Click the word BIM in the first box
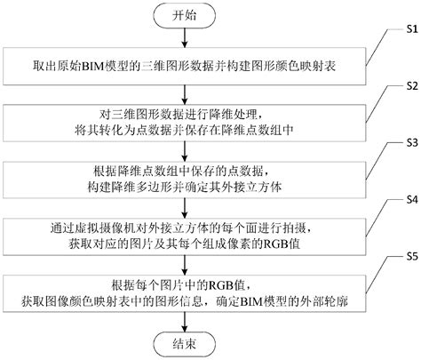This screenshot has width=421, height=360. (98, 68)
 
